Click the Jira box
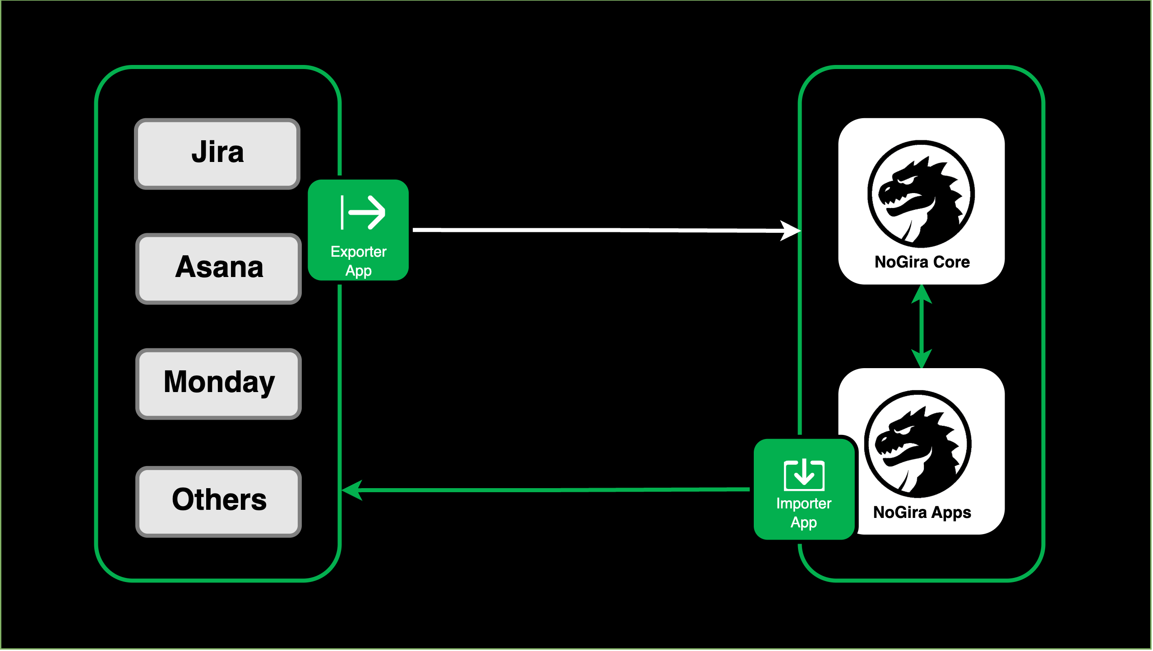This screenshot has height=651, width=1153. click(217, 154)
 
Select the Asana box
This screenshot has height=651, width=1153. click(219, 269)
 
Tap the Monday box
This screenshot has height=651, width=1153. click(219, 384)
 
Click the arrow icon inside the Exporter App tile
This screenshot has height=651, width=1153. click(364, 212)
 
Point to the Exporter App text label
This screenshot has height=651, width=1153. click(359, 261)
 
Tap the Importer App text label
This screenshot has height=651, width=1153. click(804, 513)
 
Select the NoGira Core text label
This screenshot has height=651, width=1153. click(922, 262)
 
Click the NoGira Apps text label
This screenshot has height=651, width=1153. click(922, 512)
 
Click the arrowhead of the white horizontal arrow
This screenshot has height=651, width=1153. click(792, 231)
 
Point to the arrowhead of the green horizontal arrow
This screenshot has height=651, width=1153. click(352, 490)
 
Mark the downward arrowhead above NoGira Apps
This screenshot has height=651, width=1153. click(922, 359)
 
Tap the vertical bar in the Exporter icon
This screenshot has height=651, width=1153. click(342, 212)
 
